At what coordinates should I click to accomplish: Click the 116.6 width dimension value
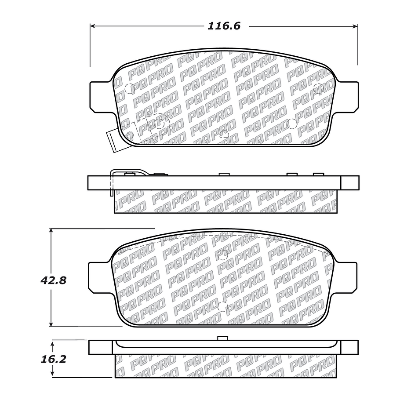click(224, 26)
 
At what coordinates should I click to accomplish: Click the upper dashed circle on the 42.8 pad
click(224, 254)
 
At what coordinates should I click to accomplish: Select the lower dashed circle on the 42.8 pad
click(222, 306)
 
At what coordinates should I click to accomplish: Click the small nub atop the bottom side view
click(222, 338)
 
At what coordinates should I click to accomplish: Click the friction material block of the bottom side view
click(224, 366)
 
